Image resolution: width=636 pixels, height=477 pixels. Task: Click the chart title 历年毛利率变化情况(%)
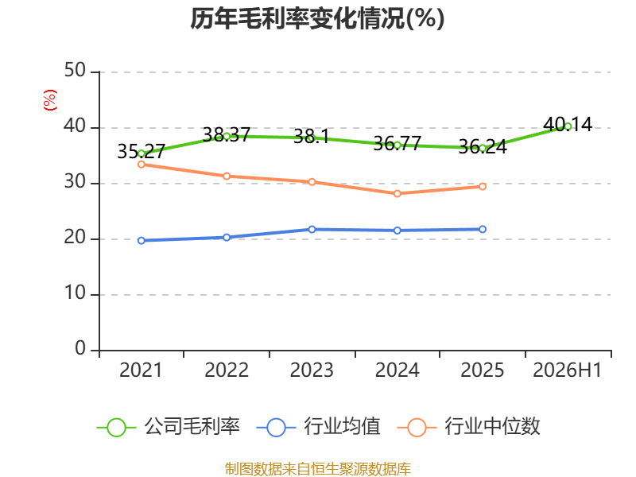point(317,18)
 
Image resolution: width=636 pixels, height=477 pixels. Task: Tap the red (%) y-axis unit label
point(50,100)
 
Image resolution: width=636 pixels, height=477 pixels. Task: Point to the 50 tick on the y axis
point(75,71)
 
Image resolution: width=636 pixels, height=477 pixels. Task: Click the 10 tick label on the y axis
point(75,293)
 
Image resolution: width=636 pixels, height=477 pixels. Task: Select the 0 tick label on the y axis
point(80,348)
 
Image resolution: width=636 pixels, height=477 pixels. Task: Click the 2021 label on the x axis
point(141,370)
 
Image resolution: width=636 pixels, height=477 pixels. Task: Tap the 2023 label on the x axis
point(312,370)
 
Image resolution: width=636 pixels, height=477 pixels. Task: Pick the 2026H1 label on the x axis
point(568,370)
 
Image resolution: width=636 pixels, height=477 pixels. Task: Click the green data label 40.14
point(568,125)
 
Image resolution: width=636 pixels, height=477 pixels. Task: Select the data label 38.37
point(227,134)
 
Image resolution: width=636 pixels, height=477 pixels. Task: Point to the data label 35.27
point(142,152)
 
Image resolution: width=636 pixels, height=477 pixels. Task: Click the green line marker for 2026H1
point(568,126)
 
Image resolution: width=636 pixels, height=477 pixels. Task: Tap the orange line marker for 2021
point(142,165)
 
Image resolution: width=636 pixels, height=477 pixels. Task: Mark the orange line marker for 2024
point(397,193)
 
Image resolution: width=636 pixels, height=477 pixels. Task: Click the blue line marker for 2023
point(312,230)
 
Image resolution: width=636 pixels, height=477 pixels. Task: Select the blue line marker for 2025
point(483,229)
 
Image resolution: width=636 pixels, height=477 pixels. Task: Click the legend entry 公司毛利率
point(168,427)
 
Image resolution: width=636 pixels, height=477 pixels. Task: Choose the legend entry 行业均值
point(319,427)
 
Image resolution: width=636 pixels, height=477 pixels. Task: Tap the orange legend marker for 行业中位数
point(417,428)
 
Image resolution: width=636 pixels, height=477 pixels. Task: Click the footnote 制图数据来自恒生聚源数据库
point(318,469)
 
